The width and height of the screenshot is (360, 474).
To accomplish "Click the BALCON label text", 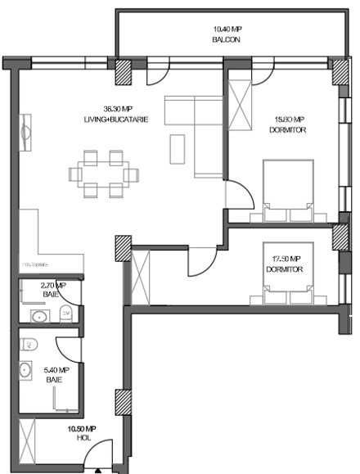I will tap(225, 39).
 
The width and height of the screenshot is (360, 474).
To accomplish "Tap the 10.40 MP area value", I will tap(225, 29).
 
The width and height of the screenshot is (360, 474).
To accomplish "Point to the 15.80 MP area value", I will tap(288, 119).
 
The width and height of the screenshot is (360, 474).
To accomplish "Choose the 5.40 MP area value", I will tap(56, 370).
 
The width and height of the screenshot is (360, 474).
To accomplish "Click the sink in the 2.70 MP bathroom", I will tap(38, 315).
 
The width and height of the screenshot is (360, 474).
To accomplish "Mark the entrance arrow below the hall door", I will tap(98, 469).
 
